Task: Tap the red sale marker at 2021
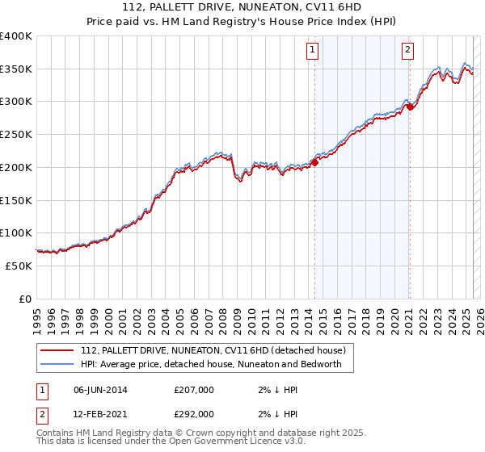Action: tap(410, 106)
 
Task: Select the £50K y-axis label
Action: tap(19, 266)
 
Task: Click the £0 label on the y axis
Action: tap(26, 299)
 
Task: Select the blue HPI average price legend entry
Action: tap(211, 364)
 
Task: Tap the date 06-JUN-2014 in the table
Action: tap(100, 390)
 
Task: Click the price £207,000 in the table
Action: tap(194, 390)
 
